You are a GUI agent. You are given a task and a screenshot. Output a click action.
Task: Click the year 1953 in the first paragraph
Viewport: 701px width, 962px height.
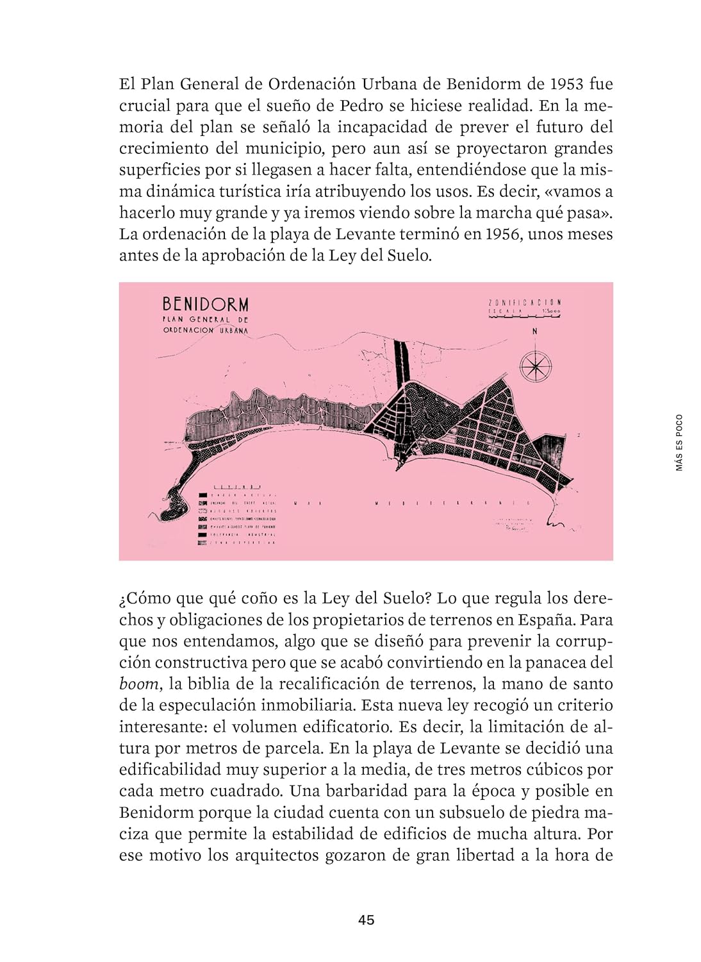(x=566, y=84)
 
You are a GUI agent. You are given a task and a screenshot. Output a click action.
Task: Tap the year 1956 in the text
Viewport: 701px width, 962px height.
(x=502, y=234)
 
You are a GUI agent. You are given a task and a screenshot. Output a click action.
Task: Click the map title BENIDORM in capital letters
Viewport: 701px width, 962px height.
(x=205, y=304)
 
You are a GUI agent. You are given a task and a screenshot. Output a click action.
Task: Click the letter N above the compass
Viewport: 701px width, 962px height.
(x=534, y=332)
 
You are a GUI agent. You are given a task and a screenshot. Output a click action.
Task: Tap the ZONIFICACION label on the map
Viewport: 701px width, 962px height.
(x=525, y=302)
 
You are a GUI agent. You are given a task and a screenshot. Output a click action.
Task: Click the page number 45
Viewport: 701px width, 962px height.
(x=367, y=920)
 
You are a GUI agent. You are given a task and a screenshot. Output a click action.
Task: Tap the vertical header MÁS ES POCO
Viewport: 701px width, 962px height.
(x=679, y=443)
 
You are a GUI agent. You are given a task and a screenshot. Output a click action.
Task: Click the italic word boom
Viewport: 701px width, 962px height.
(x=138, y=684)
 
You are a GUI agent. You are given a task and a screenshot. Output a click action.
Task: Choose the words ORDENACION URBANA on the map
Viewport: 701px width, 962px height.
(x=205, y=330)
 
